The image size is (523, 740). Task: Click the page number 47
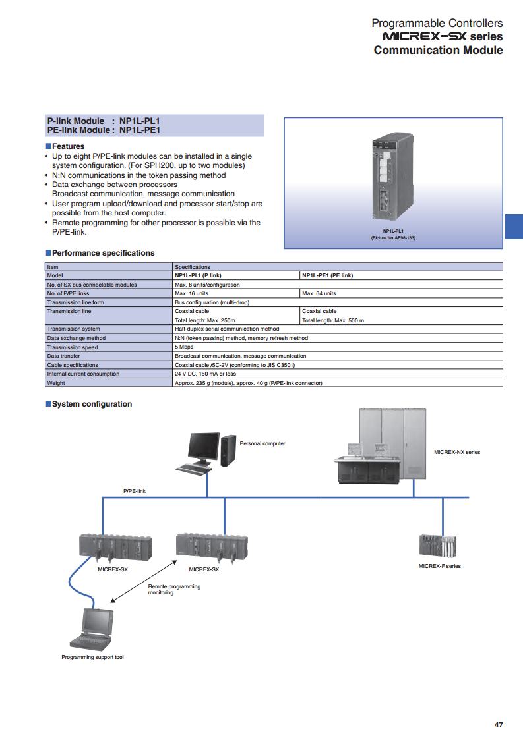click(499, 724)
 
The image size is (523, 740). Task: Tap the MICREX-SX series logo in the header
click(443, 36)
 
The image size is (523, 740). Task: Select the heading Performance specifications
click(103, 253)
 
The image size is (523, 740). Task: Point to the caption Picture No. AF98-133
click(393, 237)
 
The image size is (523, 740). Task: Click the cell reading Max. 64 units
click(319, 293)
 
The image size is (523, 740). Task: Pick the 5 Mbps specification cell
click(184, 347)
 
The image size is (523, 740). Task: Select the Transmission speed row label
click(73, 347)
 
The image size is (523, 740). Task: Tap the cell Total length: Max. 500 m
click(333, 320)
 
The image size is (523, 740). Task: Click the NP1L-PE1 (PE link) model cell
click(327, 275)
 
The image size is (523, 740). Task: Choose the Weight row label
click(56, 383)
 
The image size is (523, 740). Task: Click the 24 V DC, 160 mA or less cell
click(205, 374)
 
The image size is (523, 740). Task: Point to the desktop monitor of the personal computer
click(204, 447)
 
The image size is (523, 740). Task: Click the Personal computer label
click(262, 443)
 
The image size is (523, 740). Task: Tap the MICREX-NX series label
click(457, 452)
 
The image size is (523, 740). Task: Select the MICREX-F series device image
click(438, 546)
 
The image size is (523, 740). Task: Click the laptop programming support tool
click(92, 629)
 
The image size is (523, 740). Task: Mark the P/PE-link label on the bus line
click(134, 491)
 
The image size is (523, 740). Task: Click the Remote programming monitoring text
click(174, 590)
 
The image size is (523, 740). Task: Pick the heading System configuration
click(92, 404)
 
